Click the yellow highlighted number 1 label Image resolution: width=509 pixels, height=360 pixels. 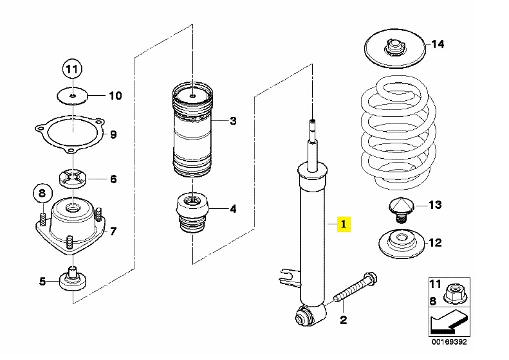coord(344,224)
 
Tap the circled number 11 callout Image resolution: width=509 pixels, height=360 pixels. coord(72,69)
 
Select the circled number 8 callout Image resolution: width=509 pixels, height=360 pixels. coord(42,194)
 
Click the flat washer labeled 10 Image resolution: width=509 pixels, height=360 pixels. coord(72,95)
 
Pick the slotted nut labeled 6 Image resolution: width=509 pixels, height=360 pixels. coord(73,179)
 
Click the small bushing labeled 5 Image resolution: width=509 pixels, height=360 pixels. coord(73,280)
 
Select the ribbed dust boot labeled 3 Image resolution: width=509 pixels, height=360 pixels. coord(193,130)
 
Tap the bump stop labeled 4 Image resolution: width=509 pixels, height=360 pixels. coord(193,213)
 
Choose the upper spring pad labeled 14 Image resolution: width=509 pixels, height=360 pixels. coord(394,49)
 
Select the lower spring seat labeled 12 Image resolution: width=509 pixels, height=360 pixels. coord(402,244)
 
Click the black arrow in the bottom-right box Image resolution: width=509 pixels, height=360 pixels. coord(449,322)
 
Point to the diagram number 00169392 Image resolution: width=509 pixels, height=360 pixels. coord(449,342)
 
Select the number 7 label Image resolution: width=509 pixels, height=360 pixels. coord(113,231)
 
